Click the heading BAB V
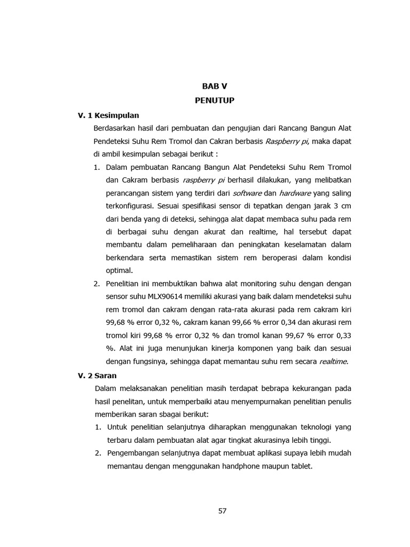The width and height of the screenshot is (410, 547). click(215, 87)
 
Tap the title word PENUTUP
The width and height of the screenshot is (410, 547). click(215, 100)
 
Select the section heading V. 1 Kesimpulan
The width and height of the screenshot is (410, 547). click(108, 115)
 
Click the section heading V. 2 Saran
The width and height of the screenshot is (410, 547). click(97, 375)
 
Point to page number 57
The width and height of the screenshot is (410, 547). click(223, 511)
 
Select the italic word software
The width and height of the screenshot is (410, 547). click(248, 193)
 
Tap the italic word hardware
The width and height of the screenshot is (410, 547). click(295, 193)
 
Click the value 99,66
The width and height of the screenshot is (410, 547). click(230, 323)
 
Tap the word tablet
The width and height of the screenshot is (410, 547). click(300, 466)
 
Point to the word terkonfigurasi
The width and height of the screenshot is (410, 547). click(129, 206)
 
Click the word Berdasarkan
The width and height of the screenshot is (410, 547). click(114, 128)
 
